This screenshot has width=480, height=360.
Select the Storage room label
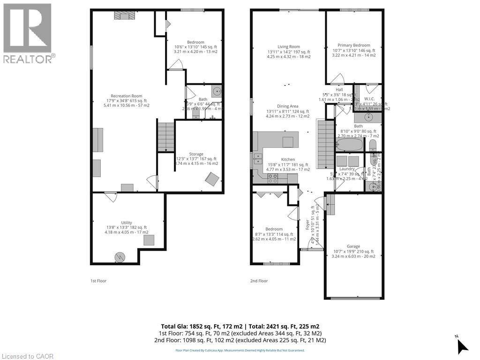pyautogui.click(x=196, y=154)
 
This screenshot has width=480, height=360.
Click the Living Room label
pyautogui.click(x=288, y=47)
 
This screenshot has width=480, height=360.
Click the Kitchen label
pyautogui.click(x=288, y=159)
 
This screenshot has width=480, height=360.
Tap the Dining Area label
pyautogui.click(x=288, y=106)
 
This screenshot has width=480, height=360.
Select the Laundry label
pyautogui.click(x=347, y=169)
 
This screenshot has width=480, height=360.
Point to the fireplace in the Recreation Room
pyautogui.click(x=124, y=16)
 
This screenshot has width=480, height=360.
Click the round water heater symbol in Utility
pyautogui.click(x=120, y=256)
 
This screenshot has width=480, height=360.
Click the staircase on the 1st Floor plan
pyautogui.click(x=165, y=136)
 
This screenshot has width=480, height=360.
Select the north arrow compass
pyautogui.click(x=462, y=345)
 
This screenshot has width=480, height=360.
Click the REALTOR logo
pyautogui.click(x=28, y=33)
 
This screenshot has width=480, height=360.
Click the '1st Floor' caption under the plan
pyautogui.click(x=99, y=281)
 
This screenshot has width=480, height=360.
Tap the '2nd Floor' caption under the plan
pyautogui.click(x=259, y=281)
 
